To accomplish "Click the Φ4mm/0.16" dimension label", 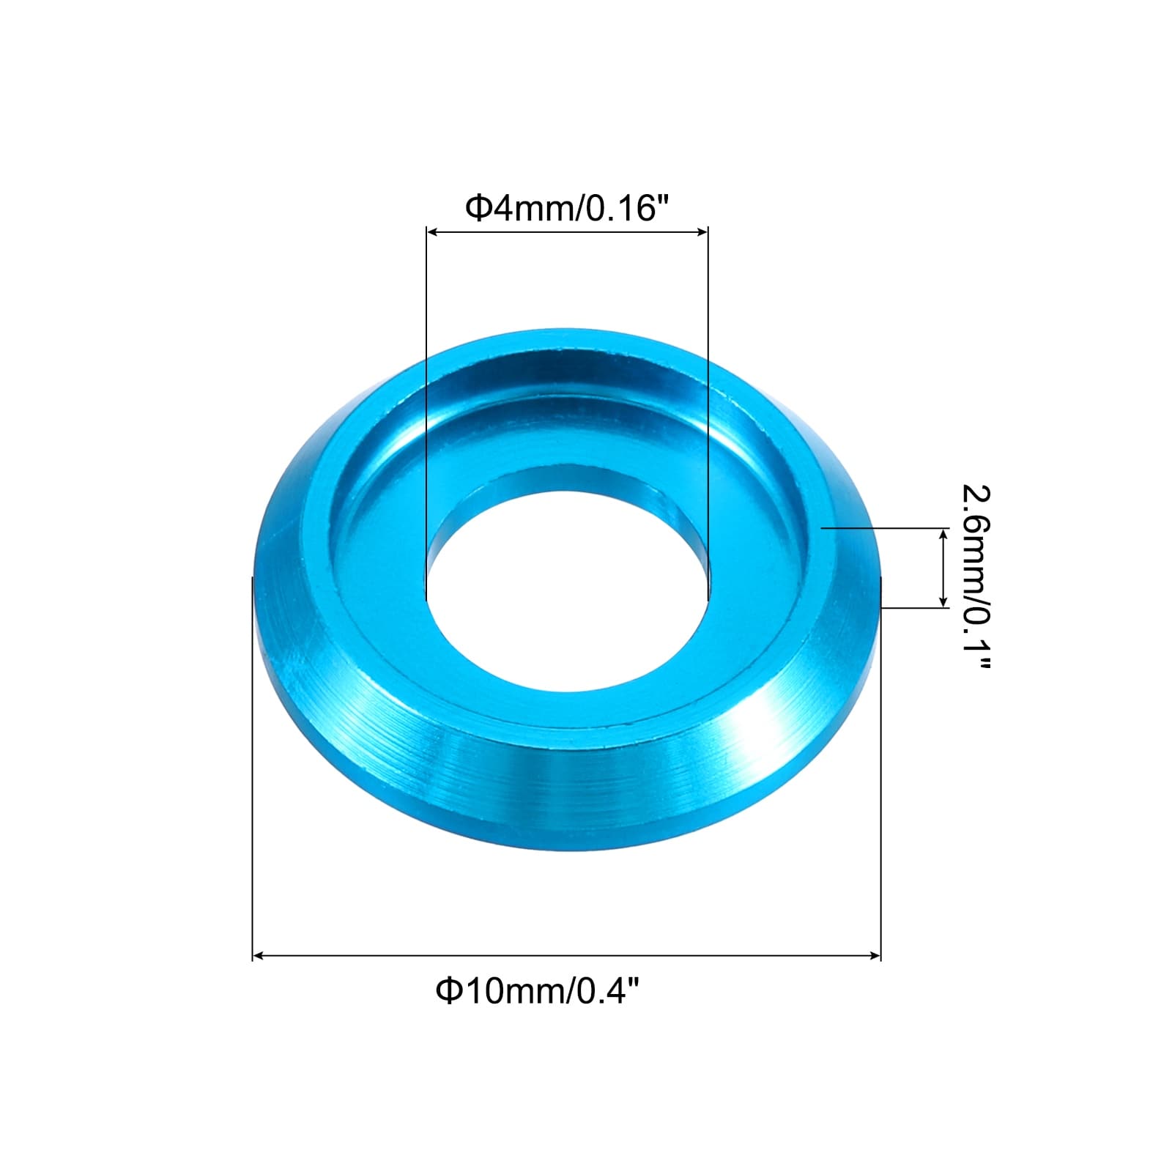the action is (x=568, y=209).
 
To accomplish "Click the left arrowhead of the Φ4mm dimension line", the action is (x=433, y=232).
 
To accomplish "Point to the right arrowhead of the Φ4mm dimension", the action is (x=702, y=232).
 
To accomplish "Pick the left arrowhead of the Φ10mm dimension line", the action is (x=259, y=955).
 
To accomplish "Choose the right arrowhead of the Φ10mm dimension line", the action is (x=874, y=955).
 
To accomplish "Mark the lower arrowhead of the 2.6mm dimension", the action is (x=943, y=601).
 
